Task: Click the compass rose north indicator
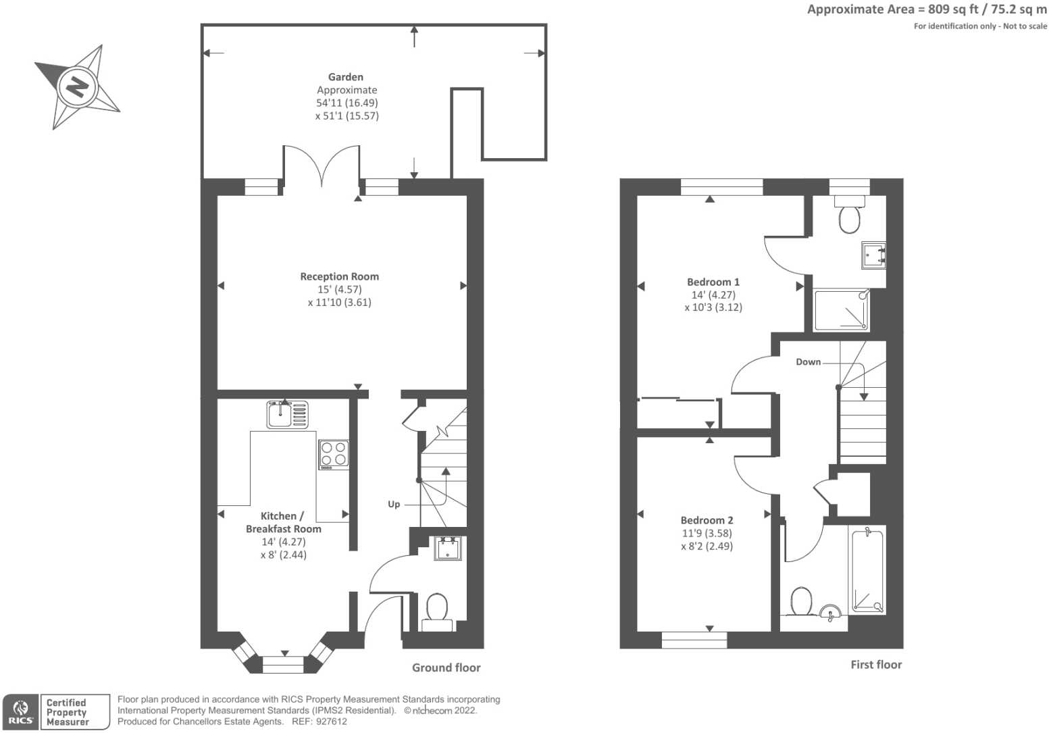coord(78,86)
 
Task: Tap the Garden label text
coord(345,77)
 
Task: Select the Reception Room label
coord(339,276)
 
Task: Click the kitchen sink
coord(287,414)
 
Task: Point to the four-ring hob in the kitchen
coord(334,455)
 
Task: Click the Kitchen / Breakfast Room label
coord(283,522)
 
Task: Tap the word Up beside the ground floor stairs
coord(394,504)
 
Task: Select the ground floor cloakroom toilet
coord(437,611)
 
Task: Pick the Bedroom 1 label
coord(713,282)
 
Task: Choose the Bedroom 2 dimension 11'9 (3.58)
coord(707,533)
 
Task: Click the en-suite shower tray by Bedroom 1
coord(841,310)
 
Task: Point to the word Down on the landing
coord(808,362)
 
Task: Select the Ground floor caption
coord(446,667)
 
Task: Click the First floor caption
coord(876,665)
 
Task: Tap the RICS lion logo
coord(20,711)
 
